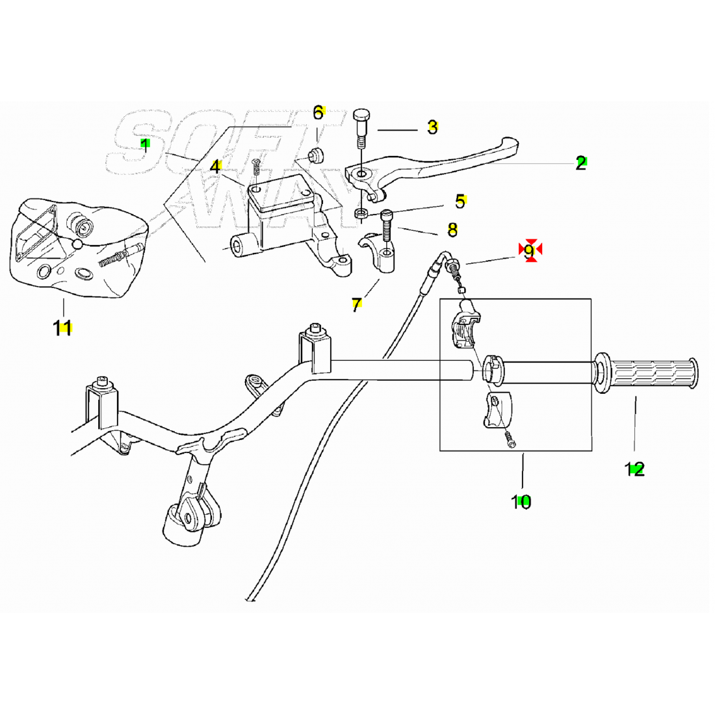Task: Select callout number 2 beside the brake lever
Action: tap(580, 162)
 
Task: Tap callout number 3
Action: tap(432, 127)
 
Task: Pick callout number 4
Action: tap(215, 166)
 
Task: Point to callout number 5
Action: tap(460, 201)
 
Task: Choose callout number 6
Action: tap(318, 112)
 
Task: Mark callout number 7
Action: tap(356, 304)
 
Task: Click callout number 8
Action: tap(452, 229)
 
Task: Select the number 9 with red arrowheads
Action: tap(530, 250)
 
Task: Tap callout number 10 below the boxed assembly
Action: tap(521, 501)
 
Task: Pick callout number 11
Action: tap(62, 328)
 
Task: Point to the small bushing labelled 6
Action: tap(317, 155)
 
